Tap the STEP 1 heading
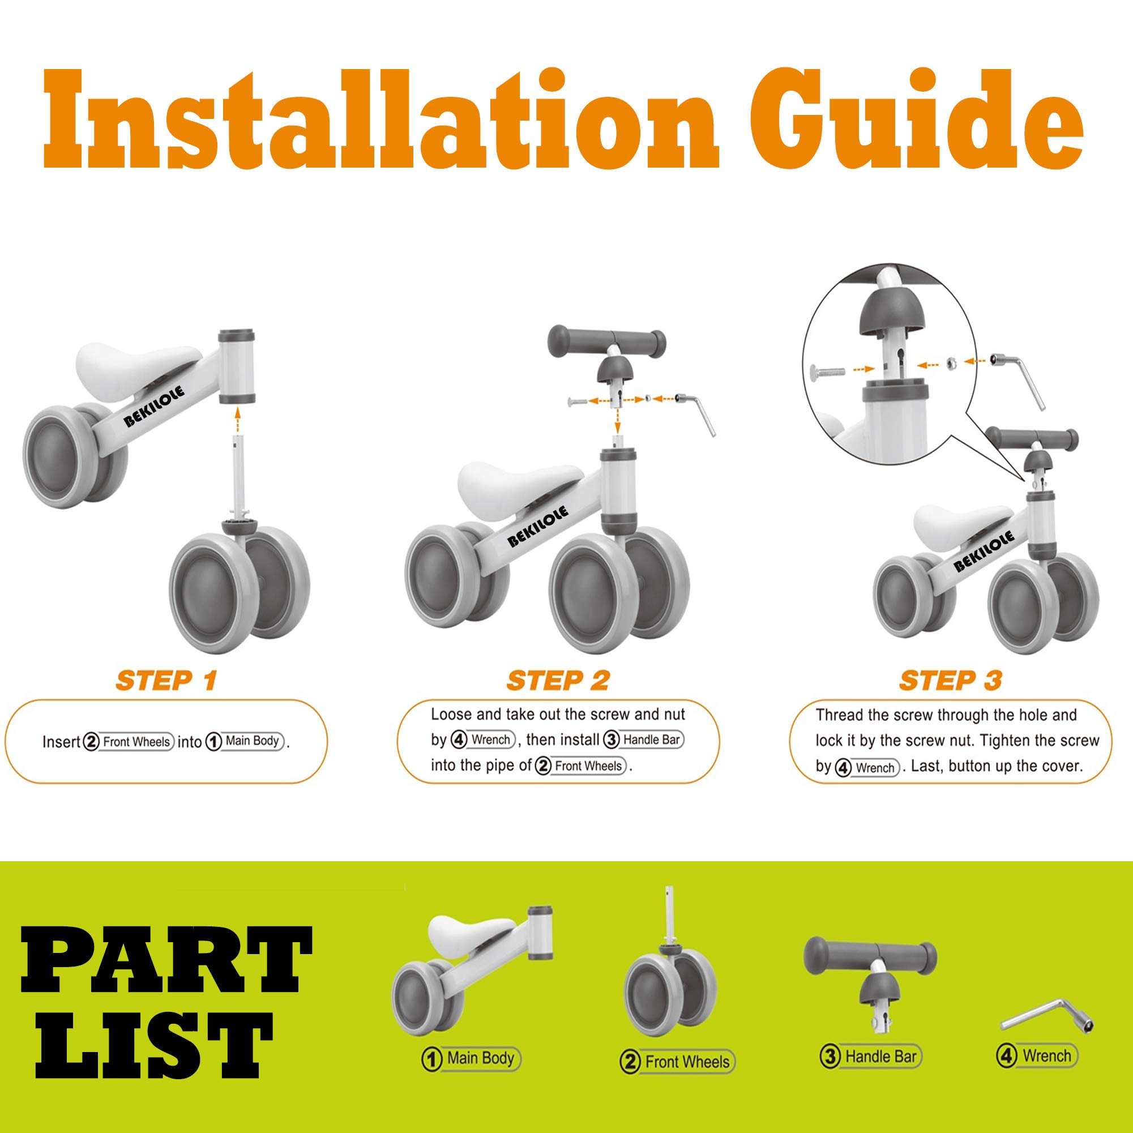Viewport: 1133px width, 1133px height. [166, 681]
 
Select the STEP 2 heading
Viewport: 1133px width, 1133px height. [558, 681]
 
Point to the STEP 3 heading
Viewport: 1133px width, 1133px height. [951, 681]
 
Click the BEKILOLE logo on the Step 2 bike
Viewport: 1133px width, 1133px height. [538, 526]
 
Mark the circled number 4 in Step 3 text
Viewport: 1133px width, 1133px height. [843, 768]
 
